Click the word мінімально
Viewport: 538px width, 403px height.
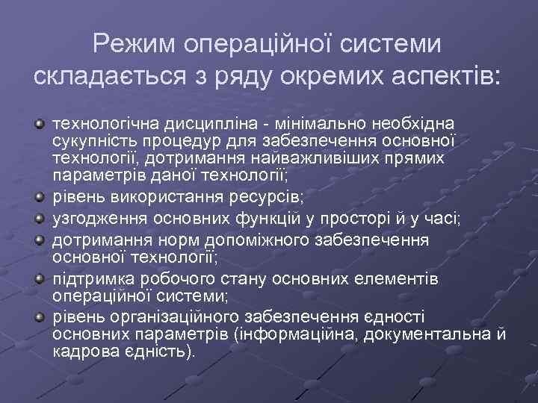coord(316,122)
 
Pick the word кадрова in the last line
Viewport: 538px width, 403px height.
coord(81,350)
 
